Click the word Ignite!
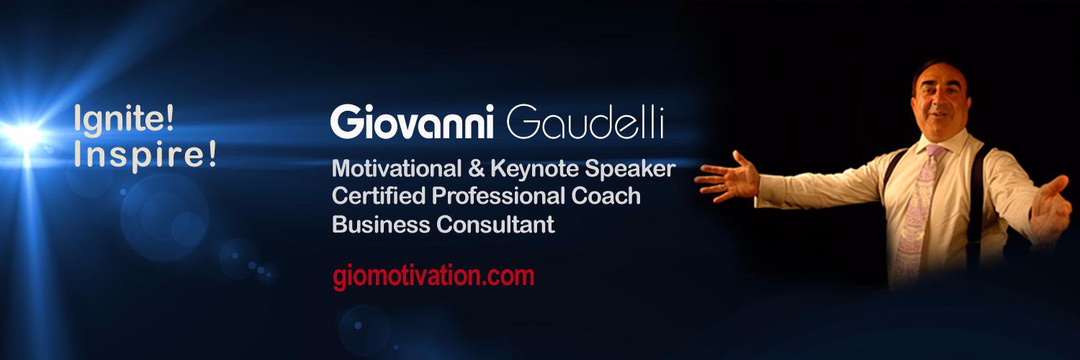pos(124,119)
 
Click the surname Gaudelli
pos(585,124)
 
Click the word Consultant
pos(496,225)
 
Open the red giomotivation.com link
pos(433,276)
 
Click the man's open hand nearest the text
pos(726,176)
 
